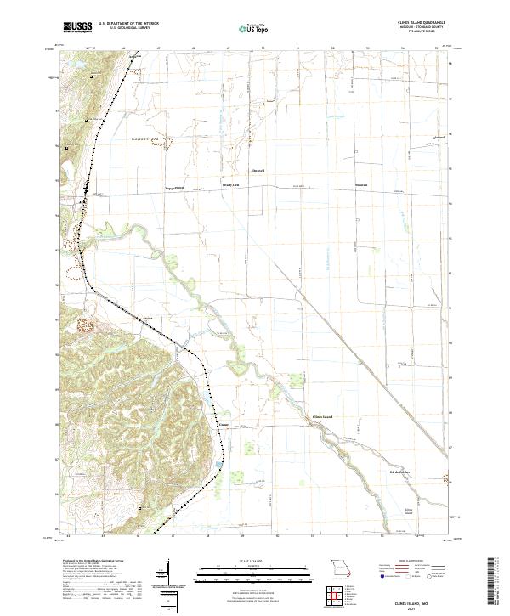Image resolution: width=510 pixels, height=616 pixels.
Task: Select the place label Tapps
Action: pyautogui.click(x=169, y=185)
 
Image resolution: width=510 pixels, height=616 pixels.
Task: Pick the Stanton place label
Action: pyautogui.click(x=361, y=184)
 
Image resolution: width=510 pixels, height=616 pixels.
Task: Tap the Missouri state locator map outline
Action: pyautogui.click(x=341, y=568)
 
